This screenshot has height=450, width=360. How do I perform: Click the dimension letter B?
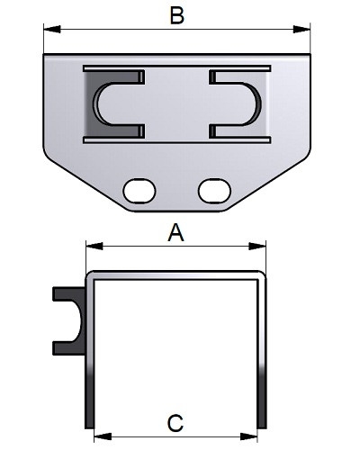pyautogui.click(x=177, y=15)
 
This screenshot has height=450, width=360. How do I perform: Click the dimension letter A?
pyautogui.click(x=175, y=232)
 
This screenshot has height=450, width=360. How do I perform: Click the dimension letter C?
pyautogui.click(x=175, y=423)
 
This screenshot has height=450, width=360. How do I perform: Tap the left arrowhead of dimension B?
pyautogui.click(x=52, y=30)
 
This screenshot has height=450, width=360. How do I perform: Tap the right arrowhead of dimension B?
pyautogui.click(x=301, y=30)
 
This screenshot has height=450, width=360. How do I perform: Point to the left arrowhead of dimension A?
pyautogui.click(x=94, y=247)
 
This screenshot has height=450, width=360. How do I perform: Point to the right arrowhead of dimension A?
pyautogui.click(x=257, y=247)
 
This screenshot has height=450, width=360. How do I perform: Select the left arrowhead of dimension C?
pyautogui.click(x=103, y=436)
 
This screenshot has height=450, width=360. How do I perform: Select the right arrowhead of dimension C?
pyautogui.click(x=248, y=436)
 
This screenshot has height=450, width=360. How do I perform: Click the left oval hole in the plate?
pyautogui.click(x=139, y=191)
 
